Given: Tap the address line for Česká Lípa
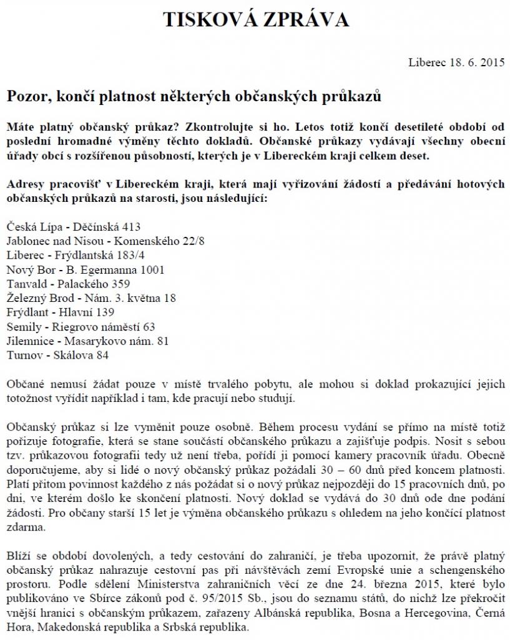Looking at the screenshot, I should pos(74,227).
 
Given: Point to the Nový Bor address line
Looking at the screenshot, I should pos(86,270).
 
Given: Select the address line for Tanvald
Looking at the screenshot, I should pos(68,284).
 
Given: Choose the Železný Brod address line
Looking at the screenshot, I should pos(91,298).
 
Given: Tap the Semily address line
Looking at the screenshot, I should pos(81,326).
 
